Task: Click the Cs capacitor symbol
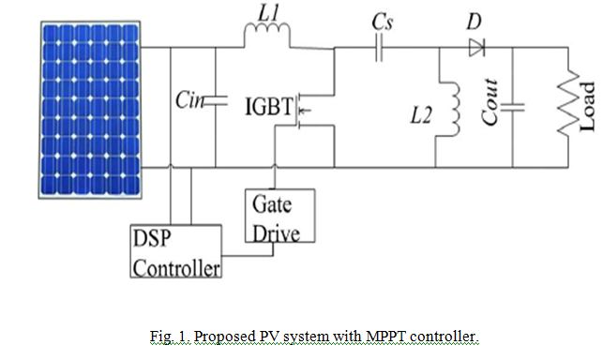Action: click(x=380, y=48)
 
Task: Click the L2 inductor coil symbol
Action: click(x=457, y=112)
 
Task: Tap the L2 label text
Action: click(x=425, y=118)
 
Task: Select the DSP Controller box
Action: click(x=176, y=251)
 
